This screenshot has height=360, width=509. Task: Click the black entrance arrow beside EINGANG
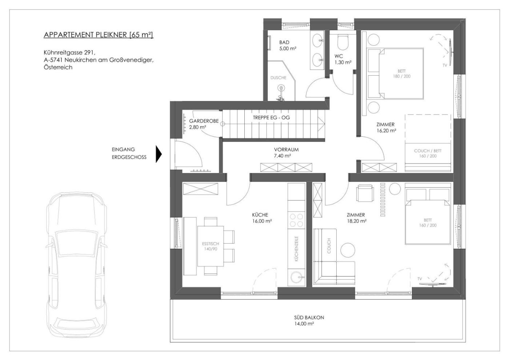159,154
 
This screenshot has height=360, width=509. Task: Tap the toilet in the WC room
343,42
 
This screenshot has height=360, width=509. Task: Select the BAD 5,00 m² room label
288,45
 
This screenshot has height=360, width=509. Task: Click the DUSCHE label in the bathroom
278,77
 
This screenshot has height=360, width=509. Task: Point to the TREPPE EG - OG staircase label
271,117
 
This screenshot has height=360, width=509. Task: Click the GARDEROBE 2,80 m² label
204,124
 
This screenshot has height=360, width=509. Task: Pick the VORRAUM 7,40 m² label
286,152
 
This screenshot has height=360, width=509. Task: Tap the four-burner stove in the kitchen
297,220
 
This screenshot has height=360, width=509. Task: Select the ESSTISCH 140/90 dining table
211,246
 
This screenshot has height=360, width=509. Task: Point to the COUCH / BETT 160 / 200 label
428,153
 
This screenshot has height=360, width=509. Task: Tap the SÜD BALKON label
309,320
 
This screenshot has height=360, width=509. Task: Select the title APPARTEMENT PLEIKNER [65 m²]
99,35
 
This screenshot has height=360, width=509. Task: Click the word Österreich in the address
58,67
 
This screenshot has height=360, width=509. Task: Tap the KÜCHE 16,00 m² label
262,218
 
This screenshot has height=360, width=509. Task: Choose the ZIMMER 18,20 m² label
357,218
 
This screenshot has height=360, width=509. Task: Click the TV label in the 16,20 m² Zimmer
445,65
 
